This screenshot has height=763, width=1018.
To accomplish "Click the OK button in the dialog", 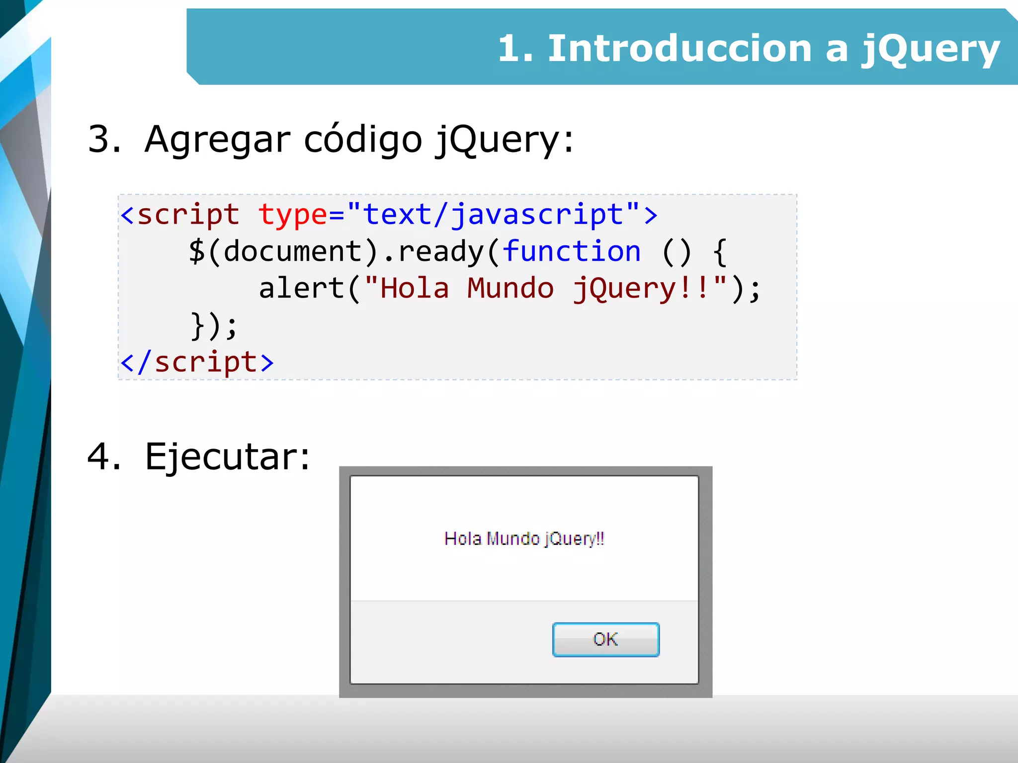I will point(605,639).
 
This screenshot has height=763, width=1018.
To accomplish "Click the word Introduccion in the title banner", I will point(679,49).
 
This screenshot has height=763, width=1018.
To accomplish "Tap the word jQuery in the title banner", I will point(930,49).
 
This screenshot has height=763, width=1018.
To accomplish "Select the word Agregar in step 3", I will point(217,140).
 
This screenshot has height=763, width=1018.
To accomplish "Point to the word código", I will point(363,140).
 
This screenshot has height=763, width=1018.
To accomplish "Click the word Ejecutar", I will point(227,457).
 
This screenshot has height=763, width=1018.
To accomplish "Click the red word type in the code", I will point(292,215).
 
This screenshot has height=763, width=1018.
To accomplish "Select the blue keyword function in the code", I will point(572,251).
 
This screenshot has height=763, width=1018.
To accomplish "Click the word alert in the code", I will point(301,288).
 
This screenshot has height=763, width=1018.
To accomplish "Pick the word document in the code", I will point(292,251).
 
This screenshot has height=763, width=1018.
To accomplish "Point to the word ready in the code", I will point(440,252).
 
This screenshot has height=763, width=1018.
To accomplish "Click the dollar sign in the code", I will point(197,251).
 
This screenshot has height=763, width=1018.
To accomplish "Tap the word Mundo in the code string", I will point(510,288).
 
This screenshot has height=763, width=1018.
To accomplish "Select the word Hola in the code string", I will point(414,288).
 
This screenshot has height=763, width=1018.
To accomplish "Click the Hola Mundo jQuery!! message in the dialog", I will point(524,538).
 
